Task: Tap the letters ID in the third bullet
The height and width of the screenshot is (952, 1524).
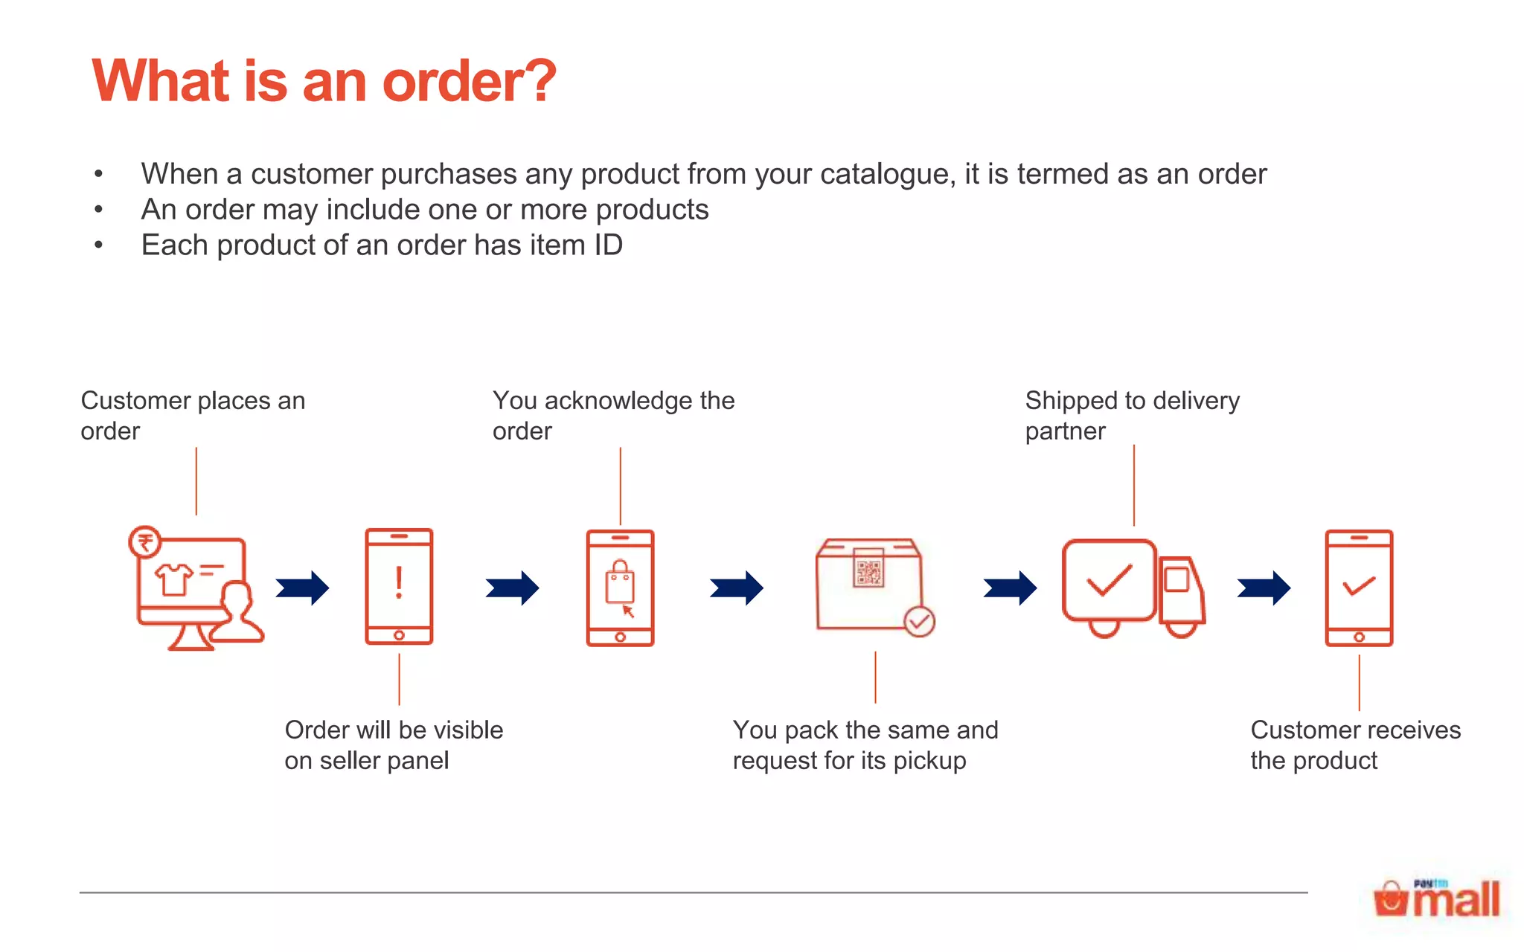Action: [608, 245]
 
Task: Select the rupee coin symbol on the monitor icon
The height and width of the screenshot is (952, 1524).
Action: [145, 541]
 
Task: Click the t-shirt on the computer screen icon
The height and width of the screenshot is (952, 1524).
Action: [173, 579]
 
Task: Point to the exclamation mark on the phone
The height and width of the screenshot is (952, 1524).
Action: [399, 583]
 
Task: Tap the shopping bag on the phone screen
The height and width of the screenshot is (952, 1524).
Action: [619, 582]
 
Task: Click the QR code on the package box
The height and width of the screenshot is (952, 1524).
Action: [868, 572]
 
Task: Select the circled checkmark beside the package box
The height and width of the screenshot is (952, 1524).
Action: [920, 622]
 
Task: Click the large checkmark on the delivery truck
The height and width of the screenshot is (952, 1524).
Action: [1109, 581]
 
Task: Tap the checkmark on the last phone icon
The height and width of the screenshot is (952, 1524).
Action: [1359, 586]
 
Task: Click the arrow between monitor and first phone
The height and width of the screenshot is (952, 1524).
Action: [303, 588]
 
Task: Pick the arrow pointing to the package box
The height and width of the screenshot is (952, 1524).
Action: [737, 588]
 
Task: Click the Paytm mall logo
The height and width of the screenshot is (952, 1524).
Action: [1437, 899]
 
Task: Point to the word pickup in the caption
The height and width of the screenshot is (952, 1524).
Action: [929, 761]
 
